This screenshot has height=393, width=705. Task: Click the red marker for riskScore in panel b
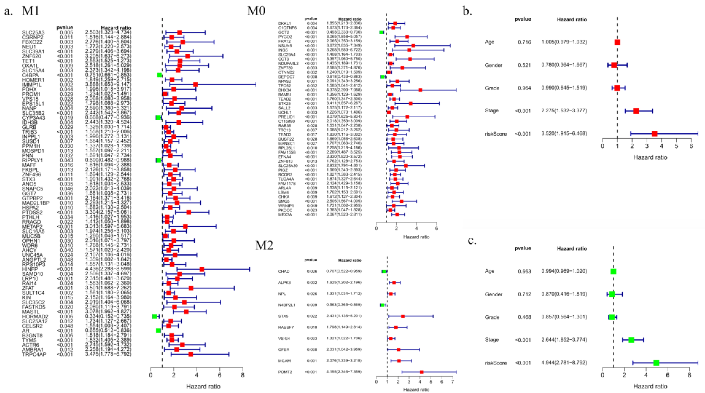pos(654,134)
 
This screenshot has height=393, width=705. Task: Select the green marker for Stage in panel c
pos(631,340)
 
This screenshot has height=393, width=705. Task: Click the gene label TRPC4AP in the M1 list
pos(34,354)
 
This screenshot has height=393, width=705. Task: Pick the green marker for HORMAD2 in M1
pos(154,316)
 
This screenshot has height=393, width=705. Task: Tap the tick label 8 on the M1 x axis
pos(242,375)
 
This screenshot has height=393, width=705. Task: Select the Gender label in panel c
pos(493,294)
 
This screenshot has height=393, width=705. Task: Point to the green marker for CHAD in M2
pos(384,271)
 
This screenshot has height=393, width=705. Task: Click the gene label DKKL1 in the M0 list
pos(284,24)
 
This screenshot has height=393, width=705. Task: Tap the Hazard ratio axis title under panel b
pos(650,157)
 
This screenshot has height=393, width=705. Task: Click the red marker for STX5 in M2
pos(403,316)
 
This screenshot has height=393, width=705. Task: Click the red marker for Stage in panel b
pos(636,111)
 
